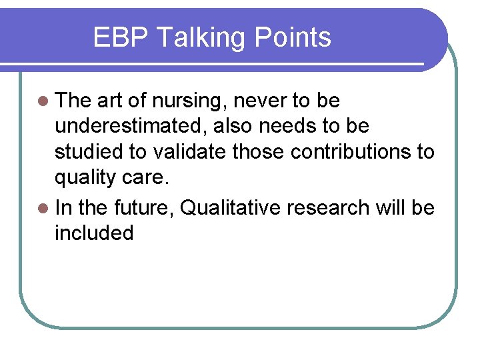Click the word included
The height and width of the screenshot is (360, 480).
(94, 233)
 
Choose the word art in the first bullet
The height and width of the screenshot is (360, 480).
(110, 101)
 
